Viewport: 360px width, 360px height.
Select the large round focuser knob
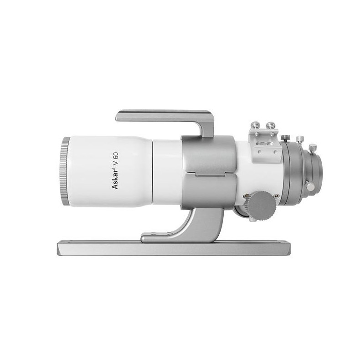(x=263, y=206)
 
